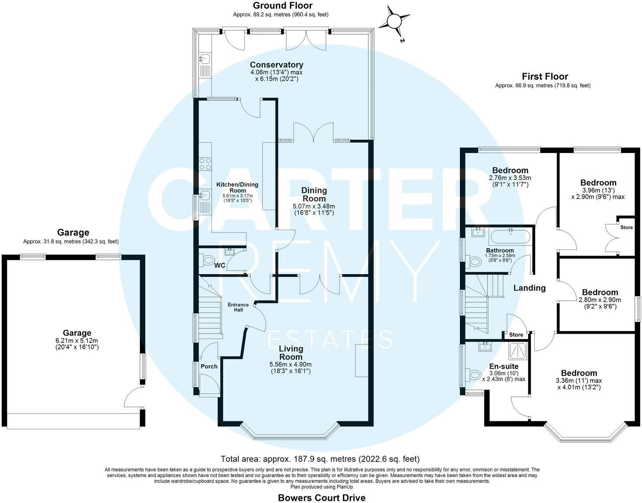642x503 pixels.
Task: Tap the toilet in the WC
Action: pyautogui.click(x=208, y=261)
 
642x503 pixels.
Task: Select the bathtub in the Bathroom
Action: pyautogui.click(x=510, y=237)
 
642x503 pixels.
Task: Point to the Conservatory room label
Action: pyautogui.click(x=276, y=65)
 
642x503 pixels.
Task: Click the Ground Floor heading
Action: pyautogui.click(x=282, y=6)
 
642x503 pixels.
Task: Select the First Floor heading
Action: pyautogui.click(x=545, y=77)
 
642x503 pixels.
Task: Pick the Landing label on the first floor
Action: pyautogui.click(x=529, y=288)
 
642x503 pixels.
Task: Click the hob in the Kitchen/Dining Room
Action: pyautogui.click(x=205, y=164)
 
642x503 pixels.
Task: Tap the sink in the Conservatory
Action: pyautogui.click(x=205, y=58)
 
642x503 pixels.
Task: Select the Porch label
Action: pyautogui.click(x=209, y=367)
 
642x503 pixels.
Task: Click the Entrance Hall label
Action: pyautogui.click(x=238, y=307)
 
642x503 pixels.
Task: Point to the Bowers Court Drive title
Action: pyautogui.click(x=321, y=497)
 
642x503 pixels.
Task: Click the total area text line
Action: pyautogui.click(x=320, y=459)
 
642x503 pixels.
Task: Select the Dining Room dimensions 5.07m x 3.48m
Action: pyautogui.click(x=314, y=206)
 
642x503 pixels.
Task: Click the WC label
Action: pyautogui.click(x=220, y=265)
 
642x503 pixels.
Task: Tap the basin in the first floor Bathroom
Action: pyautogui.click(x=478, y=232)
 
